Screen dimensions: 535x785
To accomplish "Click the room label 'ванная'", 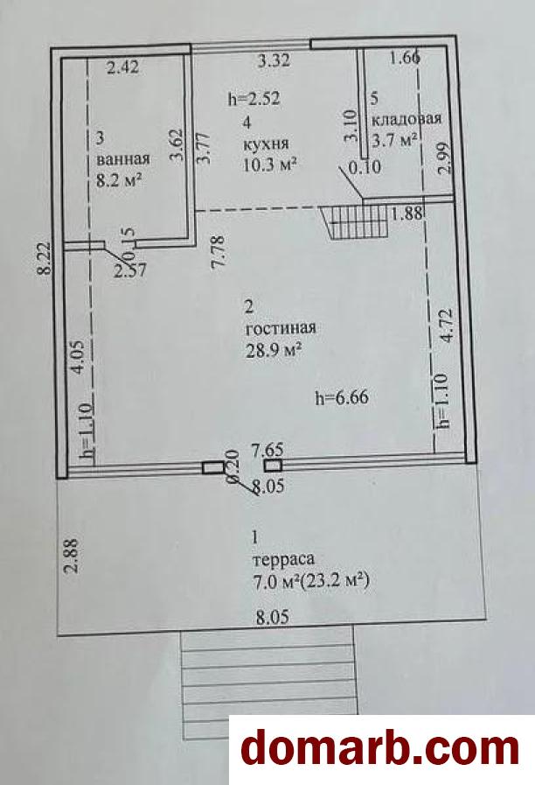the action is tap(123, 159).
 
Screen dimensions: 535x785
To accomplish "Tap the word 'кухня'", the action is tap(266, 144).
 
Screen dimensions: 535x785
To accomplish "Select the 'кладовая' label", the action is tap(406, 119).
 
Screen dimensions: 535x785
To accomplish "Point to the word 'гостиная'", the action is tap(281, 328).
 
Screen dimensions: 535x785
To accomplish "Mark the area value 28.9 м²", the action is tap(273, 350).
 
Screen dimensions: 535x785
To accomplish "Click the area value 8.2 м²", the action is tap(119, 179).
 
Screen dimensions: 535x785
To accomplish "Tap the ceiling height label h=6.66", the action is tap(342, 397).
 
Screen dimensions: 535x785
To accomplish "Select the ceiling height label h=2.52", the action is tap(254, 99).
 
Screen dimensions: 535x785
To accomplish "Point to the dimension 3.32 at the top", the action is tap(274, 61).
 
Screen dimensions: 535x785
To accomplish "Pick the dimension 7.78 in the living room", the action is tap(220, 253).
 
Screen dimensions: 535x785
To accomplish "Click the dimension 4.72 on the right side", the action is tap(447, 326).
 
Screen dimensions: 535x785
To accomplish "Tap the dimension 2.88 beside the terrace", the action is tap(73, 555).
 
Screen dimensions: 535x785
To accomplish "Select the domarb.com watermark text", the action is tap(379, 750).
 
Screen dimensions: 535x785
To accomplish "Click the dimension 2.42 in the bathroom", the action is tap(123, 67).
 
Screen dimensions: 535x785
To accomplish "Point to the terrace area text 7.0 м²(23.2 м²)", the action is tap(311, 582).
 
